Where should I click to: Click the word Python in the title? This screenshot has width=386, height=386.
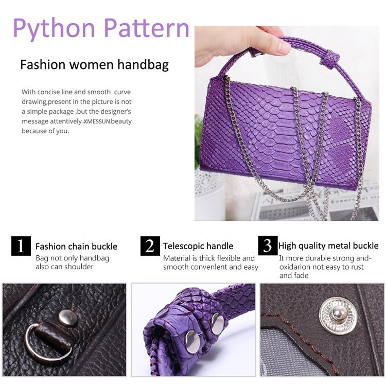click(54, 29)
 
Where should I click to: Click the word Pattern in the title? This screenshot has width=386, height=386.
click(147, 28)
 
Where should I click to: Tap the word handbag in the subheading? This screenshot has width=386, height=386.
click(143, 64)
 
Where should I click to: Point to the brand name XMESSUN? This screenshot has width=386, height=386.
click(97, 121)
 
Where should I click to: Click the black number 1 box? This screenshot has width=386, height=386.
click(21, 245)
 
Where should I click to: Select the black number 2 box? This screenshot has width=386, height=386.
click(150, 245)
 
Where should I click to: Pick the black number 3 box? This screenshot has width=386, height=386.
click(268, 245)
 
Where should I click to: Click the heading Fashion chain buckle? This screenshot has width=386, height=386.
click(76, 247)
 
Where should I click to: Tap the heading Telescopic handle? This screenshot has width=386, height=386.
click(198, 246)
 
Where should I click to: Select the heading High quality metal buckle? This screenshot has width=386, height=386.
click(328, 245)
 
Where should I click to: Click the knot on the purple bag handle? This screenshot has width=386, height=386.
click(330, 60)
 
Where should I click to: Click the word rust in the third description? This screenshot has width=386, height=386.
click(356, 267)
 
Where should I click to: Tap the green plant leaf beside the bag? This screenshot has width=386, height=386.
click(198, 143)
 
